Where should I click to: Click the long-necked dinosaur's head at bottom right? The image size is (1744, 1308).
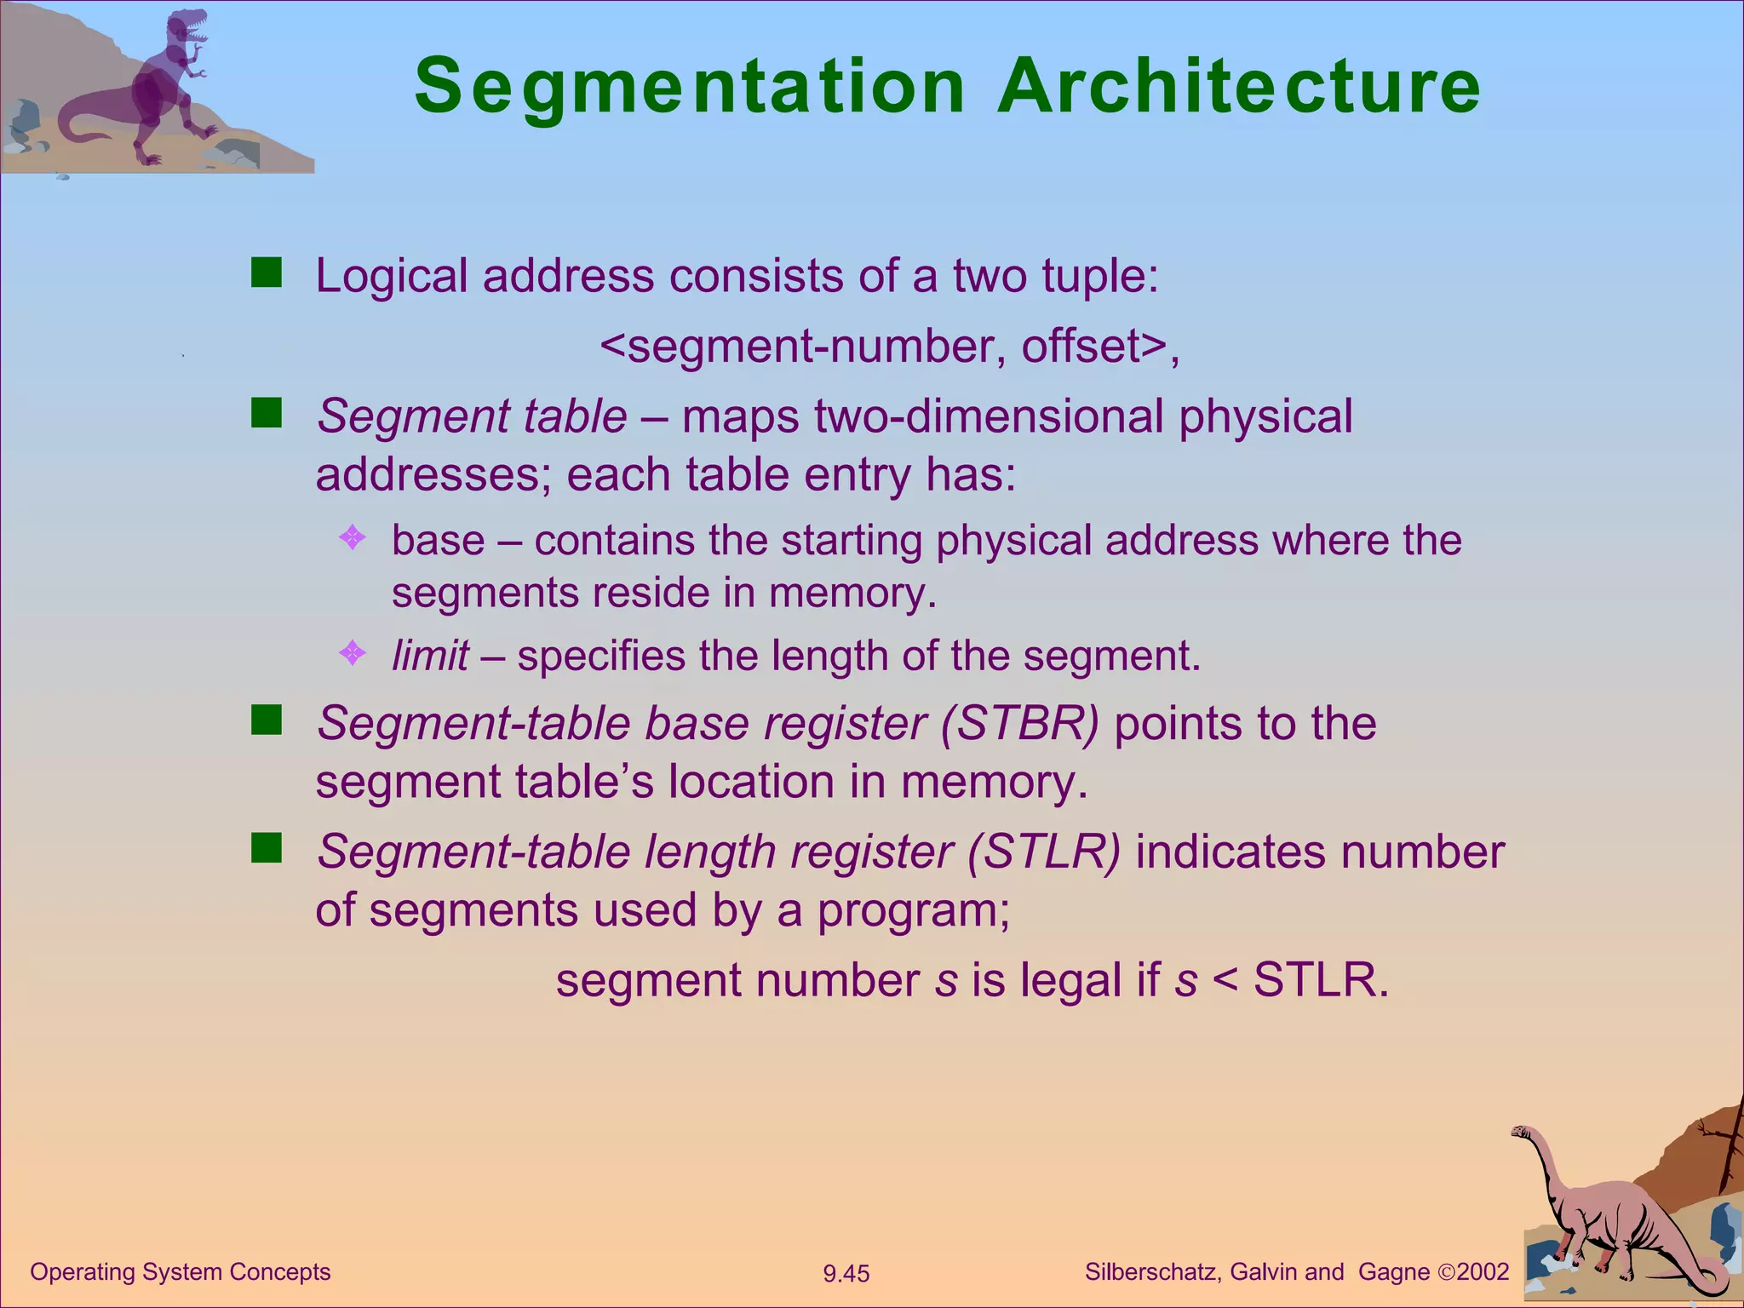(x=1521, y=1133)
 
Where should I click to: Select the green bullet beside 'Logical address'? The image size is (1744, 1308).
(x=267, y=273)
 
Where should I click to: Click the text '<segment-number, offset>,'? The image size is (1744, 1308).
(x=890, y=346)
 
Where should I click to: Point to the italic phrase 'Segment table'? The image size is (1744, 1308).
(x=472, y=416)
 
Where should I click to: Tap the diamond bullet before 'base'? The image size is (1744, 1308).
(x=352, y=537)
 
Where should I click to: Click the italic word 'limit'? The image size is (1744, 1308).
(x=430, y=656)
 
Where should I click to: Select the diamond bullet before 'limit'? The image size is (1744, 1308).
(x=352, y=653)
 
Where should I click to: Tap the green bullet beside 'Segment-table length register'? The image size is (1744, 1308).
(x=267, y=848)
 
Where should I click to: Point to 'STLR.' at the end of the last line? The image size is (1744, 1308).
(x=1321, y=980)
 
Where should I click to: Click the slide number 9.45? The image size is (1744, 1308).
(x=846, y=1274)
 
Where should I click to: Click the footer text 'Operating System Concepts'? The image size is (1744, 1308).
(x=181, y=1272)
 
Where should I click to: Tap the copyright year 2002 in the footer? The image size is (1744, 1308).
(x=1483, y=1272)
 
